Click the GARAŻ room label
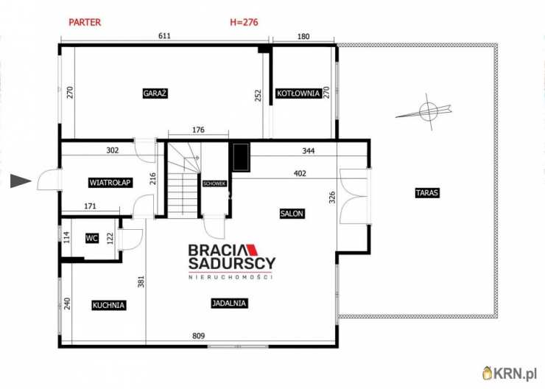coord(155,94)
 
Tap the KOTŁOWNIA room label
coord(298,94)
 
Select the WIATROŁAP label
coord(110,183)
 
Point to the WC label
coord(92,238)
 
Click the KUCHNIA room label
coord(109,304)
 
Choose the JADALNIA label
coord(229,303)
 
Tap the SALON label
coord(292,214)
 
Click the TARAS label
coord(426,193)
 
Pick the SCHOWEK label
coord(214,183)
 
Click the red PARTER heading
coord(85,22)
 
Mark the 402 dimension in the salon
coord(299,174)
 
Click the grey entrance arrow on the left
coord(21,181)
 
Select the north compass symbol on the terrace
coord(427,112)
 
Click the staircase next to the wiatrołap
coord(182,184)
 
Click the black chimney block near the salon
coord(241,155)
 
